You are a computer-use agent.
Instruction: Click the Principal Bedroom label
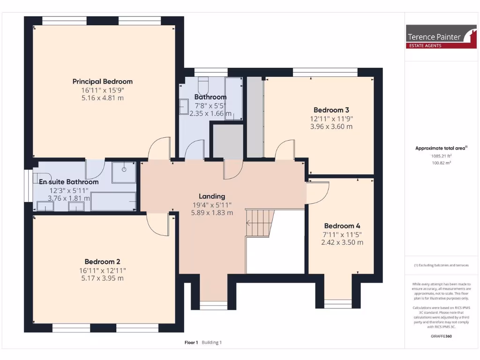tap(103, 81)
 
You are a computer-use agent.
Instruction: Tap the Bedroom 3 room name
tap(331, 110)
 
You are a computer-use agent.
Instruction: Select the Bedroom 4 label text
tap(342, 225)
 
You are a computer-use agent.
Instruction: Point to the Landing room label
tap(212, 196)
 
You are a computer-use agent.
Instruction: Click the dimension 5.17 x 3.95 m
tap(102, 278)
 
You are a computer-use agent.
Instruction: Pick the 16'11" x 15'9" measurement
tap(103, 90)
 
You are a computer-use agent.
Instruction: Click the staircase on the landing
tap(259, 223)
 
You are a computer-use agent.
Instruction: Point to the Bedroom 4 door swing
tap(317, 193)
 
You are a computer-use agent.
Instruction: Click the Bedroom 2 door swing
tap(157, 224)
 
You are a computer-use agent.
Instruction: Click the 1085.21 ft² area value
tap(441, 156)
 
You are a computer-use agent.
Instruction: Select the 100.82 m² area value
tap(441, 163)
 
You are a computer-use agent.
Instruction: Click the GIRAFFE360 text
tap(441, 336)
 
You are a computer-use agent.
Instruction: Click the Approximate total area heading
tap(441, 148)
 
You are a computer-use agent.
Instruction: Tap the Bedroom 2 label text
tap(103, 262)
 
